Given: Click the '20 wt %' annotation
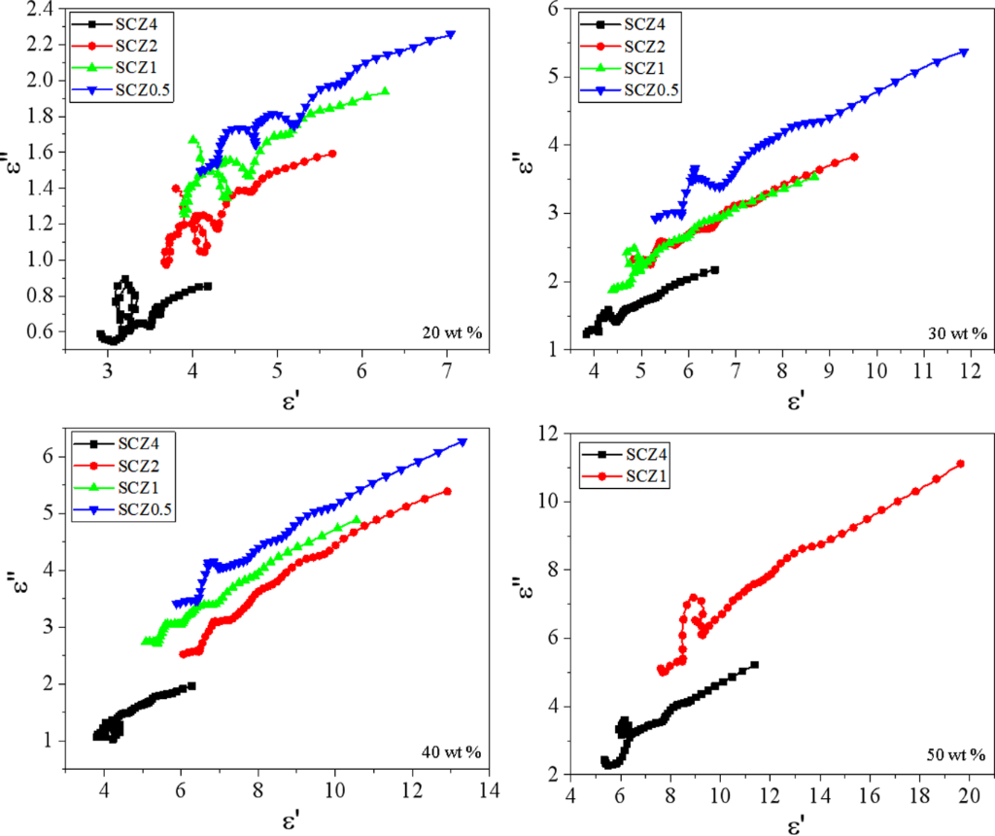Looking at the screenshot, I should click(450, 334).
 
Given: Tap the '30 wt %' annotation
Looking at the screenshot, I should click(954, 334).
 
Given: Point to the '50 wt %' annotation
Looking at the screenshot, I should click(954, 753).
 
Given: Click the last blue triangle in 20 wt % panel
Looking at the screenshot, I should click(451, 34).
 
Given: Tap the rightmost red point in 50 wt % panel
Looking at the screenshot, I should click(961, 464).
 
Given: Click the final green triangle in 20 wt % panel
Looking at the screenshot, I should click(386, 91).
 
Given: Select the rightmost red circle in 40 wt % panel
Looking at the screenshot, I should click(447, 491).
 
